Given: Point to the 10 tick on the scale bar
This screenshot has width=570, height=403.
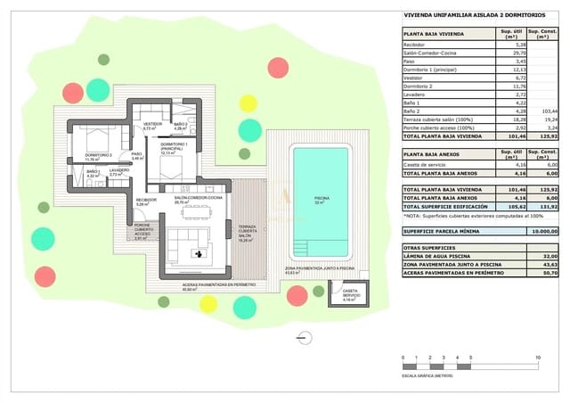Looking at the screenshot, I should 538,358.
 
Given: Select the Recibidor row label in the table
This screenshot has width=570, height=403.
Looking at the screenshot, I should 415,44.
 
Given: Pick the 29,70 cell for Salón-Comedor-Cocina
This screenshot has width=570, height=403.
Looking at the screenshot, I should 511,53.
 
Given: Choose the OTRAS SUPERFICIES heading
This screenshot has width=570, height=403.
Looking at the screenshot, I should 430,247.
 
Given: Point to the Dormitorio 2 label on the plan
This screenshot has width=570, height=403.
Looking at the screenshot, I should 97,157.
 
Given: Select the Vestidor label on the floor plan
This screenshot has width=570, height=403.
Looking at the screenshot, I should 153,125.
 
